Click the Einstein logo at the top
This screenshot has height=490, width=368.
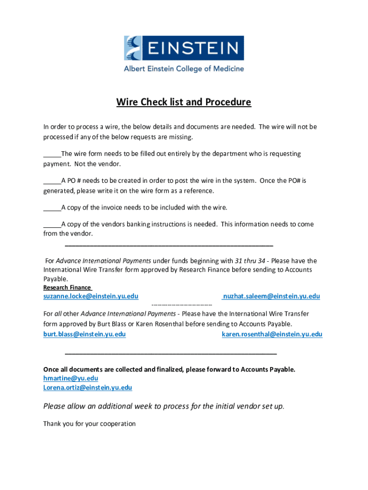(184, 48)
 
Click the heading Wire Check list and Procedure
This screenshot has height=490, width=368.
(184, 102)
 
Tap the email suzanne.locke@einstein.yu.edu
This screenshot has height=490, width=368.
(91, 296)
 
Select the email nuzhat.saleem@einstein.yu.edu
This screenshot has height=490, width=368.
(271, 296)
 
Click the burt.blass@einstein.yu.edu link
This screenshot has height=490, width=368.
(85, 334)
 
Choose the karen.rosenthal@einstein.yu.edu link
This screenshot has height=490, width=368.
(272, 334)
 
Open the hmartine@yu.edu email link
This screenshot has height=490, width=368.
(71, 378)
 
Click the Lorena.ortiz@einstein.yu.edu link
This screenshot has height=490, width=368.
(87, 387)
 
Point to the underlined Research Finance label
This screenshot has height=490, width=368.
(67, 288)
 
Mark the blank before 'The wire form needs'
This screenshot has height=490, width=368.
(52, 154)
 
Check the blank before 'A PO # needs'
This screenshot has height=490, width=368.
(52, 181)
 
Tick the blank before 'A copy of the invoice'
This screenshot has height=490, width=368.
(52, 208)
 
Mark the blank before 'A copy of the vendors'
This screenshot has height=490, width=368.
(52, 224)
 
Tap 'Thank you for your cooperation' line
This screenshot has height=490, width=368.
(89, 423)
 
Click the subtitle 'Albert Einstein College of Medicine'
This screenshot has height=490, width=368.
(184, 68)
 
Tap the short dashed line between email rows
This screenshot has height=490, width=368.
(182, 305)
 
